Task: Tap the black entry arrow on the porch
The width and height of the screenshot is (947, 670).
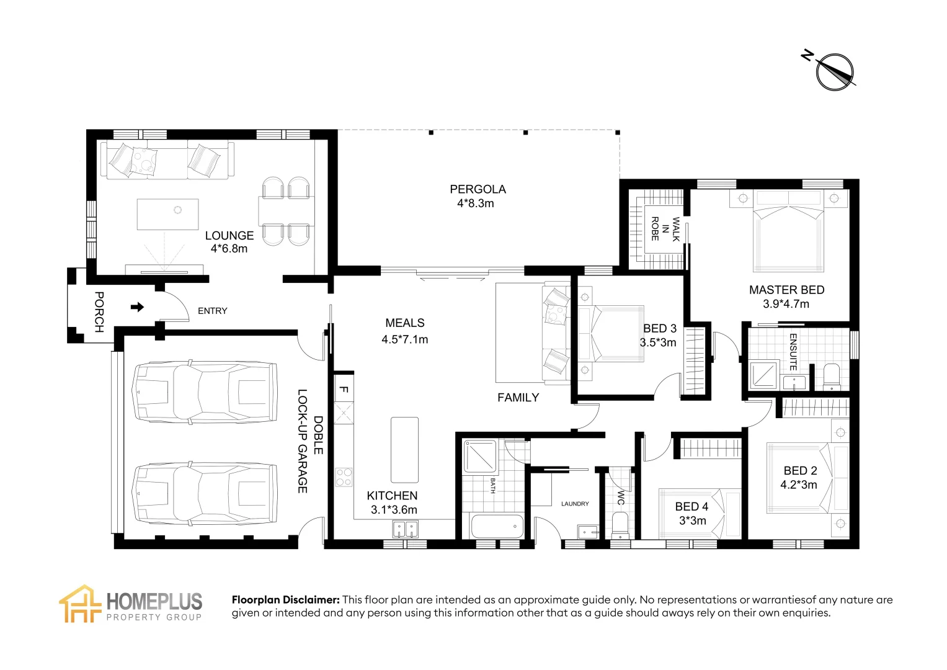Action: click(138, 307)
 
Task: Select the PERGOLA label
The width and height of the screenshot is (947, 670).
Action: click(478, 189)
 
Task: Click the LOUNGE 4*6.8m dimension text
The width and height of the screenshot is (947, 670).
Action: click(229, 249)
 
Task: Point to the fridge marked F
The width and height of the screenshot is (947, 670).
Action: click(344, 390)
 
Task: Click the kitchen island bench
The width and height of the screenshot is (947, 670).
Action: click(404, 450)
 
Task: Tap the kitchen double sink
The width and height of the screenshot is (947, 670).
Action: click(405, 529)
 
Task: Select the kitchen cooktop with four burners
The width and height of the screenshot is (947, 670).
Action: click(344, 477)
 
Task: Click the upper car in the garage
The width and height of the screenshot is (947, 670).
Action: click(205, 391)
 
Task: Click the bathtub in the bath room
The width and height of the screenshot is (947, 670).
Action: click(497, 527)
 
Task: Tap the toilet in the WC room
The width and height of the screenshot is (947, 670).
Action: click(620, 525)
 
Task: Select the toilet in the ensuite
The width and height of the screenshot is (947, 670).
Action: click(831, 377)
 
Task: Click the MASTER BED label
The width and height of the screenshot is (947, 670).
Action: click(786, 290)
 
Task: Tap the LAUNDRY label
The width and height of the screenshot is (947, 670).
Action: click(575, 504)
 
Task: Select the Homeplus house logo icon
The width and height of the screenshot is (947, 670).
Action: click(79, 604)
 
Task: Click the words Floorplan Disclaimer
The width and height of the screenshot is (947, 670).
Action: click(285, 600)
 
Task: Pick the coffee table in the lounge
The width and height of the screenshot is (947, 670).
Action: click(167, 214)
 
